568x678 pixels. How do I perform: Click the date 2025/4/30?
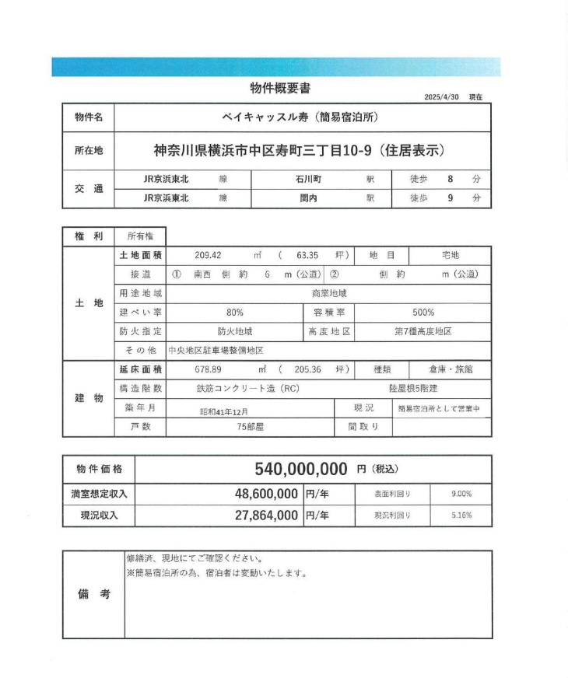tap(442, 97)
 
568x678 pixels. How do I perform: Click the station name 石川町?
tap(310, 179)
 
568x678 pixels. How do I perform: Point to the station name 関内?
tap(310, 198)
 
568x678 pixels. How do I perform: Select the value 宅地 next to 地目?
tap(451, 255)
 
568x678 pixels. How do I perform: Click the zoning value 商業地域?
tap(328, 293)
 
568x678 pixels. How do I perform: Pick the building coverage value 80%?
tap(234, 313)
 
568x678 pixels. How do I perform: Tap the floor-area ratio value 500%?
tap(423, 313)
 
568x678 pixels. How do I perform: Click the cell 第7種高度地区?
tap(423, 331)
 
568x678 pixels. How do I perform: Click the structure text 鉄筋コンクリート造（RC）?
tap(247, 389)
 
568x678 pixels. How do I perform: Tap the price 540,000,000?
tap(301, 469)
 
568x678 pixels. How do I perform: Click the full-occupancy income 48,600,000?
tap(266, 494)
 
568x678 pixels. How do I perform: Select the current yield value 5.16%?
tap(461, 515)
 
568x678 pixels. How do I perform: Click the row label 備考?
tap(93, 594)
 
